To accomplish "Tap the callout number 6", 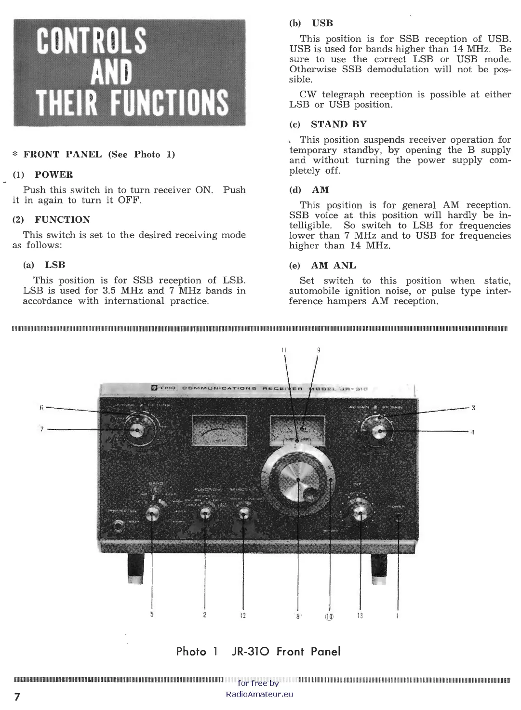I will click(x=41, y=408).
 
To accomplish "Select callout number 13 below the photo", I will click(x=360, y=616).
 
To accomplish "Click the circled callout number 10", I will click(x=330, y=616).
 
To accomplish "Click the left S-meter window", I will click(x=219, y=430).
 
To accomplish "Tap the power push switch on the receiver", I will click(x=398, y=518).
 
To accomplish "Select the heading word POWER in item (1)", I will click(x=54, y=174).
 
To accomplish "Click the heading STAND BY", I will click(x=339, y=124).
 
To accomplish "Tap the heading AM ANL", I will click(x=334, y=265).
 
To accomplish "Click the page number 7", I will click(x=17, y=697).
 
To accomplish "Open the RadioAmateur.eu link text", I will click(x=259, y=695).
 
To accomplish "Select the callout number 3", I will click(x=473, y=408).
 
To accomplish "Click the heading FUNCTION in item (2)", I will click(x=62, y=220).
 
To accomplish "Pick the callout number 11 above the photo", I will click(x=284, y=350).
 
